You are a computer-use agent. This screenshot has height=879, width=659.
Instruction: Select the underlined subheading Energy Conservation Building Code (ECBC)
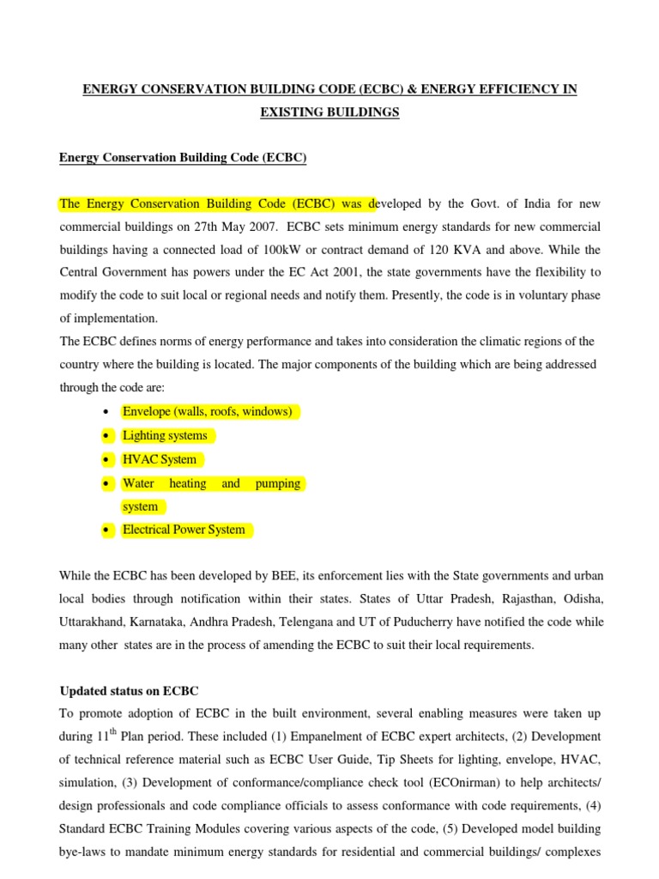click(182, 158)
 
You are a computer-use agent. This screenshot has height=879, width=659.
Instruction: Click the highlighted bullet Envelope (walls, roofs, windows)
click(208, 412)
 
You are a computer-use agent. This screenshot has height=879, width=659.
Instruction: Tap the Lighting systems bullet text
click(165, 435)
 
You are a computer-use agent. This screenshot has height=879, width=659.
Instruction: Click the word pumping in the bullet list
click(278, 483)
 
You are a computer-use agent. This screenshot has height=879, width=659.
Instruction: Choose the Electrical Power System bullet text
click(184, 530)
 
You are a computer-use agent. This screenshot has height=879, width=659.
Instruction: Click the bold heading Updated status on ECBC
click(129, 691)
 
